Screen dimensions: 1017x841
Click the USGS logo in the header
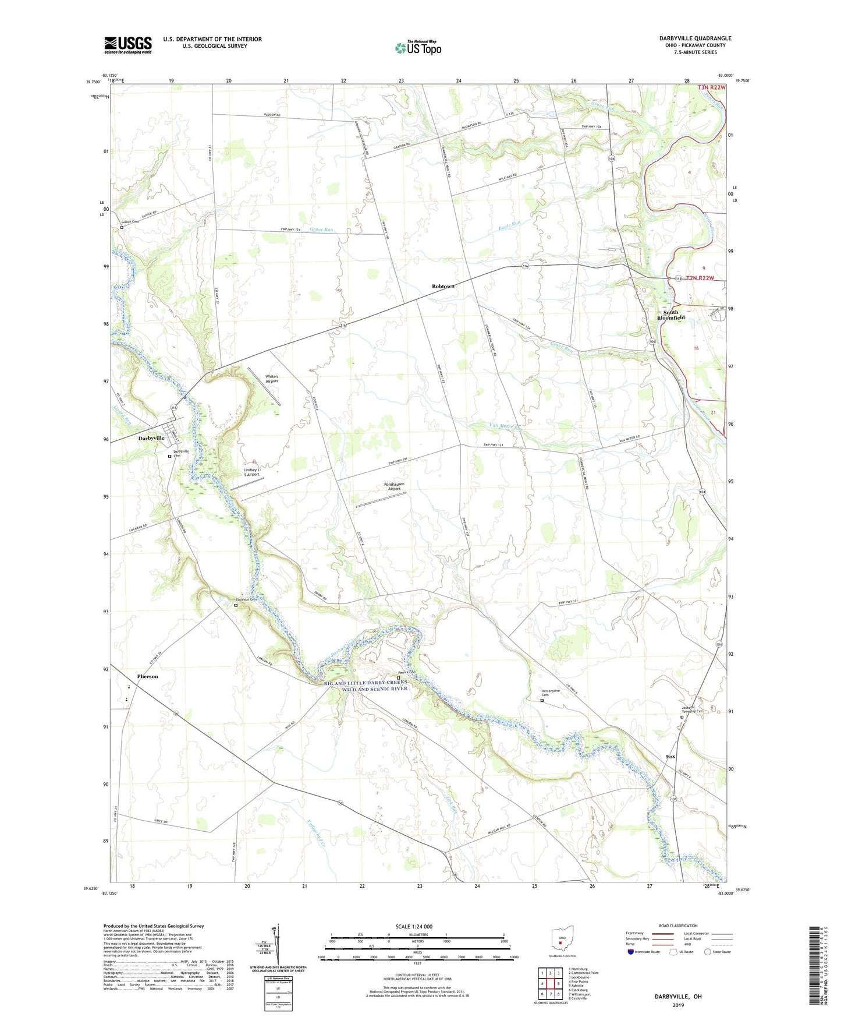127,45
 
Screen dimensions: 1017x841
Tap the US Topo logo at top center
418,48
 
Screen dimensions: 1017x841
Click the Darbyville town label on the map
151,438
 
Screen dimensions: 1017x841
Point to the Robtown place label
443,287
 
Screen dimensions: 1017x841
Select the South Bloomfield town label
668,315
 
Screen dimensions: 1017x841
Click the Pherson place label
147,676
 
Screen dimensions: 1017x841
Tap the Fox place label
670,757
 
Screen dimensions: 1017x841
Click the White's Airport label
271,379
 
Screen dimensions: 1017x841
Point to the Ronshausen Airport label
394,486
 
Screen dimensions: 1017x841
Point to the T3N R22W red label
711,87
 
